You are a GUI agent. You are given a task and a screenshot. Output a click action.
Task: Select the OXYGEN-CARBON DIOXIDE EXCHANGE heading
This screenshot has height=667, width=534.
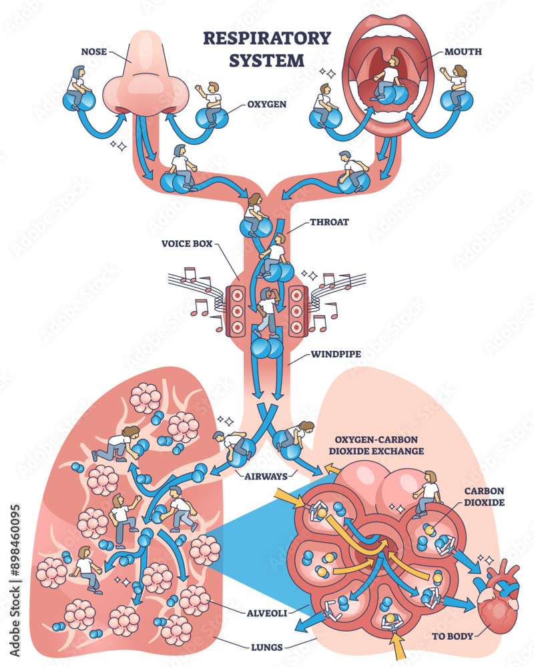click(379, 445)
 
